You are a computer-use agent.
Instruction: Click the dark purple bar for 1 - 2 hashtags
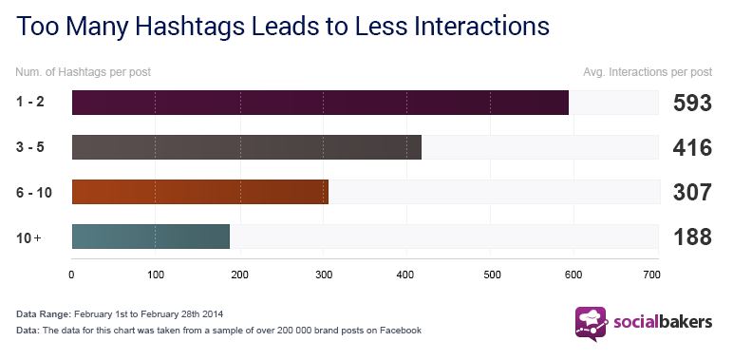click(x=320, y=103)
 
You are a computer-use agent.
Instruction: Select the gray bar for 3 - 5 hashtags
click(x=246, y=147)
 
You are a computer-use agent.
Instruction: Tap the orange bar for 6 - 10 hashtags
click(x=199, y=192)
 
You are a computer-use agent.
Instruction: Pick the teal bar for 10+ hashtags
click(x=150, y=237)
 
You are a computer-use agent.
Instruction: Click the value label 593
click(x=692, y=104)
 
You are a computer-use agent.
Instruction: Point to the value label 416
click(x=692, y=148)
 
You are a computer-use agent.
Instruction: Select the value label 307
click(x=692, y=193)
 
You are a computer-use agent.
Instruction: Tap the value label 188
click(x=692, y=237)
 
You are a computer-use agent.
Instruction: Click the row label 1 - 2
click(x=31, y=103)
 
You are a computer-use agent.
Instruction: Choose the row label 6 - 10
click(x=34, y=193)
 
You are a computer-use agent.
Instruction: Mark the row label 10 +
click(x=29, y=237)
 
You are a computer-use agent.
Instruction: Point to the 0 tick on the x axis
click(x=72, y=275)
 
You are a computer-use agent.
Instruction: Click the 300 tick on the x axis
click(x=322, y=275)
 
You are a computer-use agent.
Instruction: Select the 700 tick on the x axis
click(x=651, y=275)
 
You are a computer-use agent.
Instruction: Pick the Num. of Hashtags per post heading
click(x=83, y=71)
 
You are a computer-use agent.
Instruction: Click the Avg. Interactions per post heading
click(x=647, y=71)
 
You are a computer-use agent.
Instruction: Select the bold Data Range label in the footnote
click(x=44, y=313)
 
